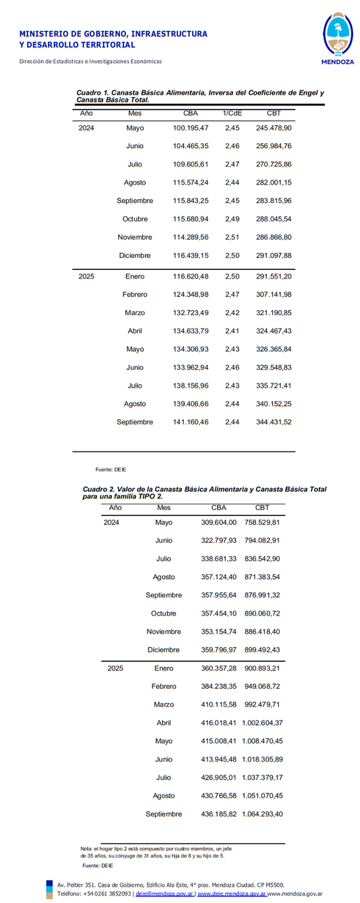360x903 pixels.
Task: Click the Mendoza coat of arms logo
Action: (337, 35)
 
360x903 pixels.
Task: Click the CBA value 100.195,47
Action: (190, 128)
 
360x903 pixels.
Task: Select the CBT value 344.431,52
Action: (273, 422)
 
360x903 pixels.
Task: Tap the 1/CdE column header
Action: (232, 113)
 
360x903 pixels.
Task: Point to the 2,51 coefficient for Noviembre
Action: (232, 237)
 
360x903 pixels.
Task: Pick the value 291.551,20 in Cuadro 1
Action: (273, 276)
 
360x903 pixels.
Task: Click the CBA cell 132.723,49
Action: (190, 313)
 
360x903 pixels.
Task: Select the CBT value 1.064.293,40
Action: (262, 814)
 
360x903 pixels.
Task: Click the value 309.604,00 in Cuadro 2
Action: (218, 522)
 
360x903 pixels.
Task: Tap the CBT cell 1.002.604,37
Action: (262, 722)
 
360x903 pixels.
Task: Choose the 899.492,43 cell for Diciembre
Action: (262, 650)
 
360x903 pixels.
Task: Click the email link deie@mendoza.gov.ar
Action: (164, 894)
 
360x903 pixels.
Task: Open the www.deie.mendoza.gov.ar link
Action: (232, 894)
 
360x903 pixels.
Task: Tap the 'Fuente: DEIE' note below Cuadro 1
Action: (110, 470)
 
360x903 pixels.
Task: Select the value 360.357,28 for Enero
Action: (218, 668)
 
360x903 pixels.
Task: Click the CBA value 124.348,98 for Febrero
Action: (190, 294)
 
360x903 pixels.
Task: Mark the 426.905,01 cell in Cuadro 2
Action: (218, 777)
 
